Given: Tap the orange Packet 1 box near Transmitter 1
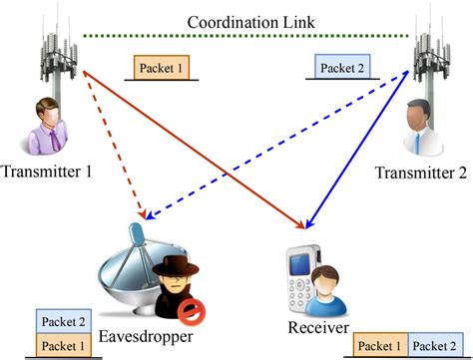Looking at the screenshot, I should click(x=163, y=67).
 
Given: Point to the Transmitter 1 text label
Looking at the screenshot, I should click(x=47, y=172).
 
